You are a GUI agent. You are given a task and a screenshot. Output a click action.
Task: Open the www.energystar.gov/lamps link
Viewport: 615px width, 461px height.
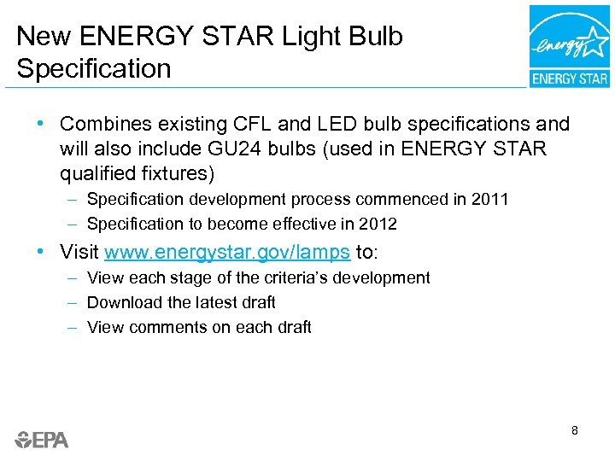tap(227, 253)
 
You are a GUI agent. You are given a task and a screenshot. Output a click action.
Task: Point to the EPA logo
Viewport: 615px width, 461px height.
tap(42, 440)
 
